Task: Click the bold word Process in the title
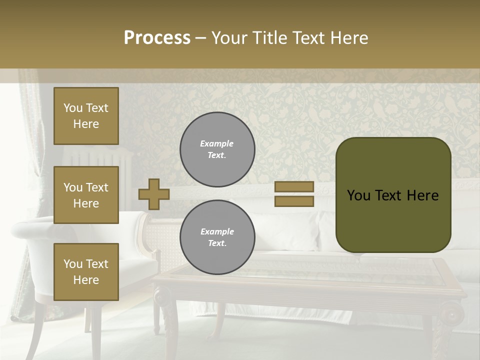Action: click(157, 38)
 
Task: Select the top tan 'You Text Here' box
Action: click(86, 116)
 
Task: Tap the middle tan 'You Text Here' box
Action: click(86, 195)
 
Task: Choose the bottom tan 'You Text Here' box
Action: click(86, 271)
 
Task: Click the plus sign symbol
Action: click(154, 194)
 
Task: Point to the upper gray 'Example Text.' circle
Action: click(217, 149)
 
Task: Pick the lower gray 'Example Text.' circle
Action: click(217, 237)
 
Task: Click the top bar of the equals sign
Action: click(294, 186)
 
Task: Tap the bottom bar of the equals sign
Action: click(294, 201)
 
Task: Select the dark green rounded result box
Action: click(393, 195)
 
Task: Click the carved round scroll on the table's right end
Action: click(453, 314)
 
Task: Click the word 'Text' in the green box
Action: click(392, 195)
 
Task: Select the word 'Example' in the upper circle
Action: click(217, 143)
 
